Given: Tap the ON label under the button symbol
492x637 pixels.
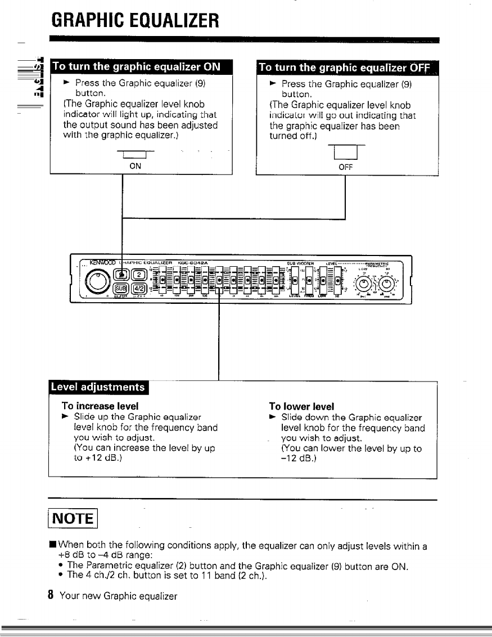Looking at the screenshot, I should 136,166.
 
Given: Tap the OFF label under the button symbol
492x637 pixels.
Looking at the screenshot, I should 344,167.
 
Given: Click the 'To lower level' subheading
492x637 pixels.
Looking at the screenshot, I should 301,406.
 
